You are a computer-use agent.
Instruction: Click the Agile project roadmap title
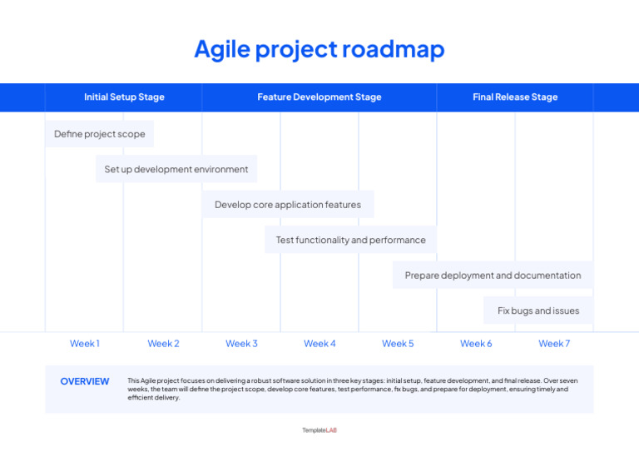click(x=319, y=49)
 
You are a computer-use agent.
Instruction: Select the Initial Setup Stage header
click(x=124, y=97)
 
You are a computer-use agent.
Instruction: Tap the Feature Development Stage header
click(x=319, y=97)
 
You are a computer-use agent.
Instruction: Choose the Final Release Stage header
click(x=515, y=97)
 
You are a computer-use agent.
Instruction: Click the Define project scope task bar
click(x=100, y=134)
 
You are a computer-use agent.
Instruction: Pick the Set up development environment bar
click(x=176, y=169)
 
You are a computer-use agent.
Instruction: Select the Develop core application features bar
click(x=288, y=205)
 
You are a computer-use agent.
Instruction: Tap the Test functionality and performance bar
click(x=350, y=240)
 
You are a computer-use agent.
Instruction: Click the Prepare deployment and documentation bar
click(x=493, y=276)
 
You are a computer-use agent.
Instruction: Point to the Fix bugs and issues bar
click(x=538, y=310)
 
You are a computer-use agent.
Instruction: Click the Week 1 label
click(x=85, y=344)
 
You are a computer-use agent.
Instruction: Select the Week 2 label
click(x=163, y=344)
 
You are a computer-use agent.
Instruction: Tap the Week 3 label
click(x=241, y=344)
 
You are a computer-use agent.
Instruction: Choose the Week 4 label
click(x=319, y=344)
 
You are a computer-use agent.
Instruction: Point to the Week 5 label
click(x=398, y=344)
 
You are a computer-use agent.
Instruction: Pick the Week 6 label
click(x=476, y=344)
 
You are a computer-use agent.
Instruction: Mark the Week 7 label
click(x=554, y=344)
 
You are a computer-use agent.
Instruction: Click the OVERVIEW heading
click(x=85, y=382)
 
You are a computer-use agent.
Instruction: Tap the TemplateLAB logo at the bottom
click(x=319, y=430)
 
